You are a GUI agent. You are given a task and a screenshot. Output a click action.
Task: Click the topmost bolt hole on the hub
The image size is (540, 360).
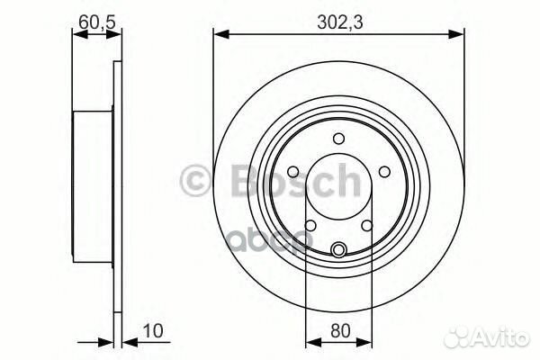coord(338,138)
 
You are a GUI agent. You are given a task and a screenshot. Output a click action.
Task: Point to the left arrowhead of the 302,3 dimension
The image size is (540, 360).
coord(219,35)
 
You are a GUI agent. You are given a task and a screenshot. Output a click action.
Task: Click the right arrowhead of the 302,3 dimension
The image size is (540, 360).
coord(458,35)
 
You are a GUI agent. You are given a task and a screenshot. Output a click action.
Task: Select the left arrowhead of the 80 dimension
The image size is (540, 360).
coord(311,341)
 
